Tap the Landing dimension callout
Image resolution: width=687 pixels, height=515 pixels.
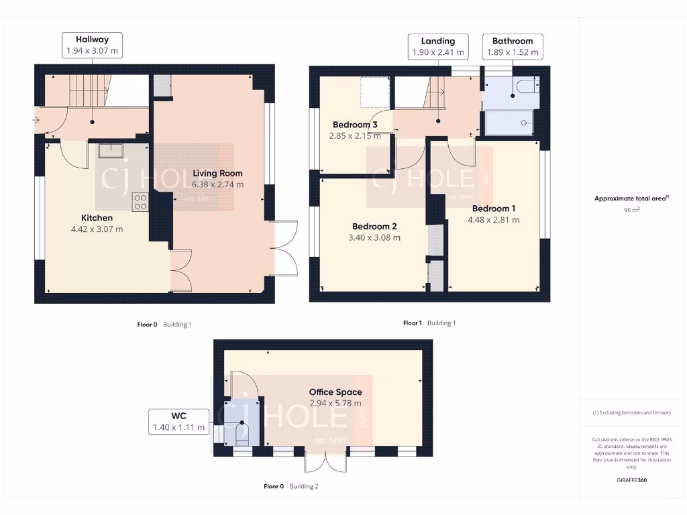tap(437, 46)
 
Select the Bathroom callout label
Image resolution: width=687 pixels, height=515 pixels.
tap(513, 46)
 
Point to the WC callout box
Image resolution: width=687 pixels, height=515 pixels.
tap(178, 422)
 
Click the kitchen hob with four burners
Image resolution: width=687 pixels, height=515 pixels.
tap(140, 202)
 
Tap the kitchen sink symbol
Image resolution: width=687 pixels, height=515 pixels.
tap(109, 150)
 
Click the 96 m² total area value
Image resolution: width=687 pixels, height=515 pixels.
tap(631, 210)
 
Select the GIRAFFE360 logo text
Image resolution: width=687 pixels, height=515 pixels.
tap(631, 480)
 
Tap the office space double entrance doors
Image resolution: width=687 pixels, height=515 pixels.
tap(326, 463)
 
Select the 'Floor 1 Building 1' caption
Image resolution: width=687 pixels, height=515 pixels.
tap(429, 323)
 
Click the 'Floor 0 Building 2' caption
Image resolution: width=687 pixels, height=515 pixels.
tap(290, 486)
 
